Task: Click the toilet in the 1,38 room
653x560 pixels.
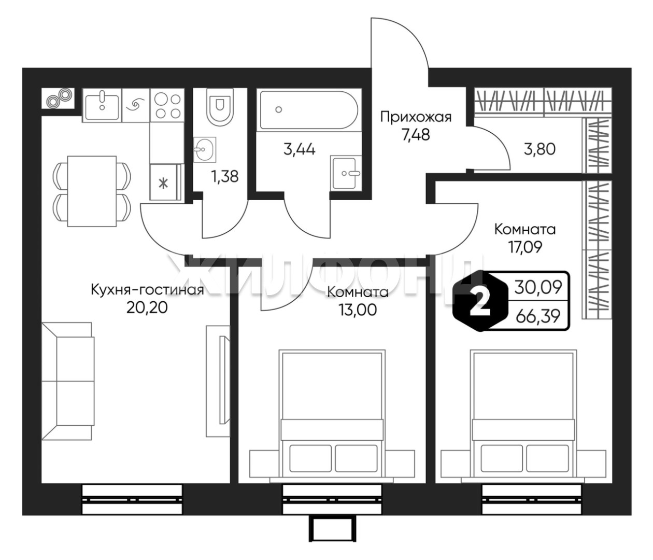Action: (220, 106)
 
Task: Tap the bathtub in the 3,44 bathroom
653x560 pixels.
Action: (309, 109)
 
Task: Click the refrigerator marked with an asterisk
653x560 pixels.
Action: (165, 182)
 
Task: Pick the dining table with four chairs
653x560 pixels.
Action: (92, 191)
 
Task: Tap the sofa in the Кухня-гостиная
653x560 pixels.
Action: (68, 381)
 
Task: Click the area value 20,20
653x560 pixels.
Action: (147, 307)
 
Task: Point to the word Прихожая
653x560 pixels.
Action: (416, 118)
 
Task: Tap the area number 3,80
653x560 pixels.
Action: (540, 149)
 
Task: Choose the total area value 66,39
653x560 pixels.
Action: (538, 316)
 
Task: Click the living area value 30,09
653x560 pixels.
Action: (538, 287)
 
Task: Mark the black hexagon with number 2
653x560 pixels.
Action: (479, 301)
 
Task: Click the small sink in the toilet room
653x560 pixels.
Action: (204, 149)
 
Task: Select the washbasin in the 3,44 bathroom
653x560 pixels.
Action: (346, 173)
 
